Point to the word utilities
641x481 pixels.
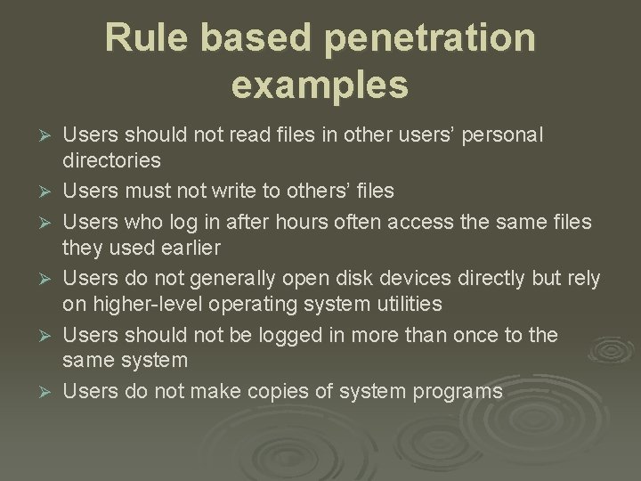[x=398, y=304]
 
